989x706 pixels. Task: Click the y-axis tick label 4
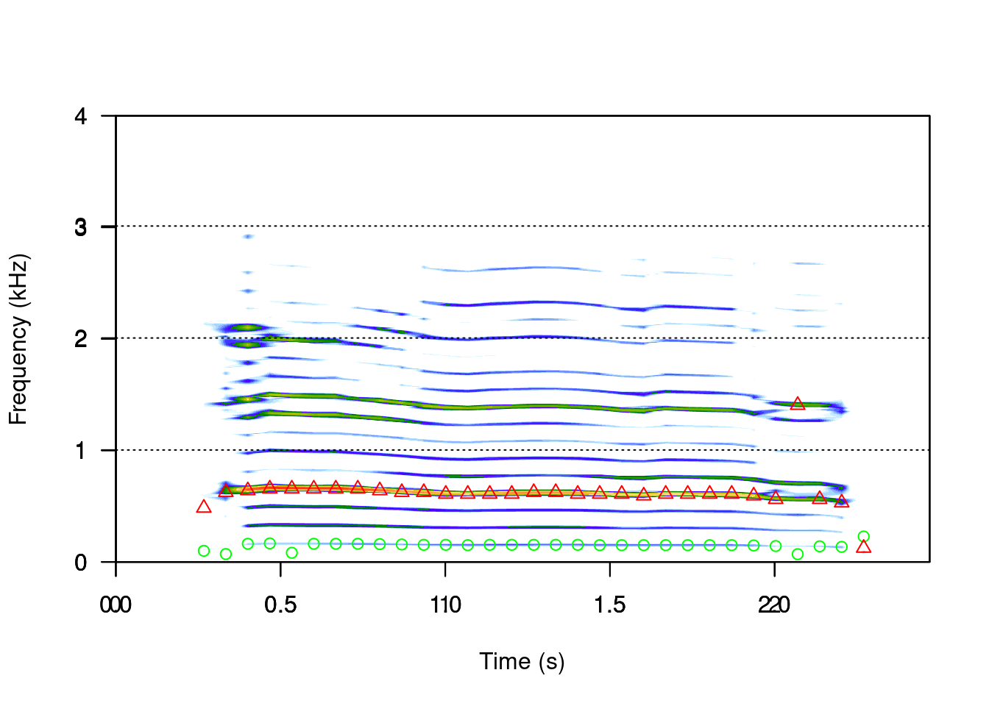coord(81,116)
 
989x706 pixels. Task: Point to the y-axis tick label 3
coord(81,227)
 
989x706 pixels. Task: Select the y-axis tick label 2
coord(81,339)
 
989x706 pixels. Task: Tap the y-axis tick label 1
coord(81,451)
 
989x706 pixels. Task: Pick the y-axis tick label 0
coord(81,563)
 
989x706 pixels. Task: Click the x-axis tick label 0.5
coord(280,605)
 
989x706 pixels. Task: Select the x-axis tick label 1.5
coord(610,605)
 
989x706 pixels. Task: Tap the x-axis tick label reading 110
coord(445,605)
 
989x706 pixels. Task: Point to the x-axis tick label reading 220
coord(774,605)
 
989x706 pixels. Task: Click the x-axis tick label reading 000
coord(116,605)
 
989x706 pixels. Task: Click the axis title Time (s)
coord(522,661)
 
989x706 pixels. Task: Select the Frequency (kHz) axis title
coord(18,339)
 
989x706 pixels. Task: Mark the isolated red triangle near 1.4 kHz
coord(798,404)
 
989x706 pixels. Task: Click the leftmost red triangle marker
coord(204,507)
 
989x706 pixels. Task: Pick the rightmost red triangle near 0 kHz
coord(864,546)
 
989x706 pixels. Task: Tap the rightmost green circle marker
coord(864,537)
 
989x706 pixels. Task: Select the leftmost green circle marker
coord(204,551)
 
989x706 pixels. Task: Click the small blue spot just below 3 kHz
coord(248,237)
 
